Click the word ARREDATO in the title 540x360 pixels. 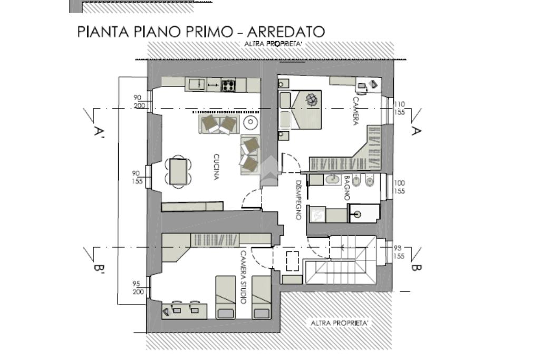pyautogui.click(x=286, y=32)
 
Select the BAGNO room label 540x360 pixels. pyautogui.click(x=346, y=188)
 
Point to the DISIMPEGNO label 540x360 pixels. pyautogui.click(x=298, y=200)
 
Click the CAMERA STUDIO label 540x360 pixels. pyautogui.click(x=243, y=277)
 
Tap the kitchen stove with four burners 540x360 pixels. pyautogui.click(x=228, y=85)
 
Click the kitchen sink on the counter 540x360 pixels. pyautogui.click(x=197, y=84)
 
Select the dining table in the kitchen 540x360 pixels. pyautogui.click(x=178, y=171)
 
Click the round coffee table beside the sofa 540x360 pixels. pyautogui.click(x=250, y=122)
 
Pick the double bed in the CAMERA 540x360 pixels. pyautogui.click(x=300, y=110)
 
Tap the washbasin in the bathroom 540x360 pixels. pyautogui.click(x=332, y=179)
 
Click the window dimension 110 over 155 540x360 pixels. pyautogui.click(x=400, y=108)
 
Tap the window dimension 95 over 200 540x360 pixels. pyautogui.click(x=138, y=288)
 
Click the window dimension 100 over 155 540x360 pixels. pyautogui.click(x=400, y=187)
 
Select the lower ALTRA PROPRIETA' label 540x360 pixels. pyautogui.click(x=340, y=323)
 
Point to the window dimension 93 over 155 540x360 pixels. pyautogui.click(x=399, y=252)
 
